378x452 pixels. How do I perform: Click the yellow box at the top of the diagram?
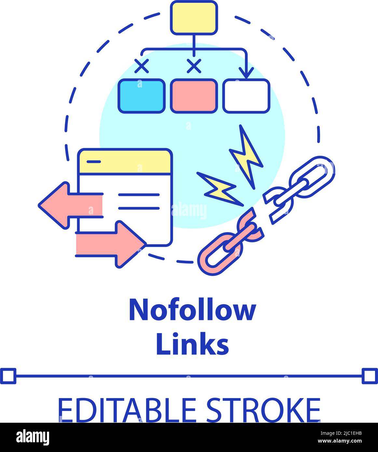[x=194, y=18]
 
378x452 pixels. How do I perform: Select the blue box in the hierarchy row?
[x=142, y=96]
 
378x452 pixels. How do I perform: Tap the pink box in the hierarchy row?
[x=194, y=96]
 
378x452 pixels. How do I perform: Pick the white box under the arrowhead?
[x=246, y=96]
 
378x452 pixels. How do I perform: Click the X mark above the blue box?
[x=142, y=66]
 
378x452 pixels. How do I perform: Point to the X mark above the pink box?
[x=194, y=66]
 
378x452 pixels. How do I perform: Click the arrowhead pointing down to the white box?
[x=246, y=72]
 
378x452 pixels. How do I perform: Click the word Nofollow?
[x=193, y=310]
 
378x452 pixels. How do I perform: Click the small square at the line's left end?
[x=8, y=376]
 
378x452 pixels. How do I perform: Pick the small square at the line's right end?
[x=370, y=376]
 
